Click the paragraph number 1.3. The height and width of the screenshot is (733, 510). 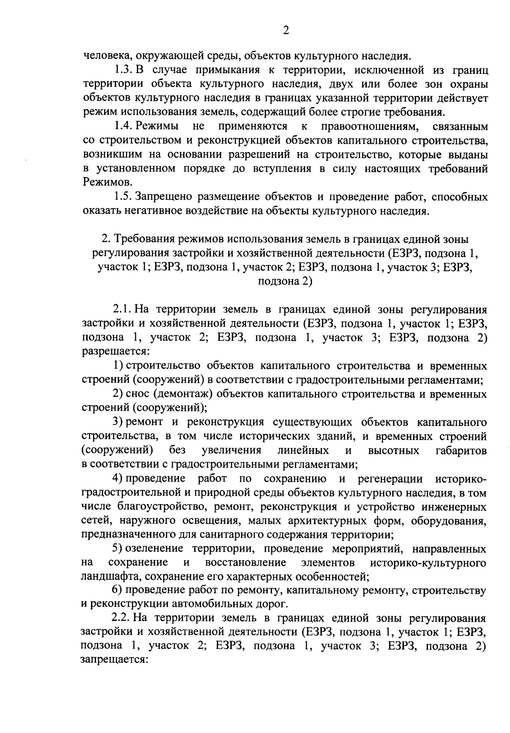click(x=123, y=69)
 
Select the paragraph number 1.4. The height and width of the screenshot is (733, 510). click(x=123, y=126)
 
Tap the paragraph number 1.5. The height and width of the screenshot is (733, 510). click(x=123, y=197)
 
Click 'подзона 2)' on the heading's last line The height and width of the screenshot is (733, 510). click(x=285, y=282)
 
